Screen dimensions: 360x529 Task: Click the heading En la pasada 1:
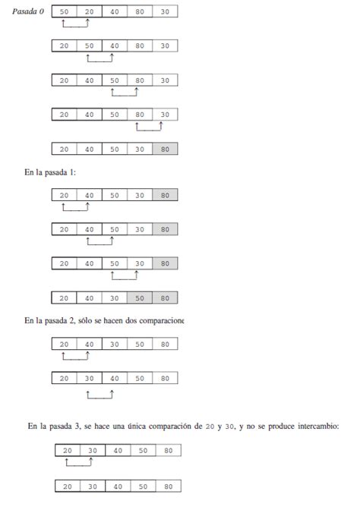[50, 172]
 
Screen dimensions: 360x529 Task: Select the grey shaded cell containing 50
[140, 298]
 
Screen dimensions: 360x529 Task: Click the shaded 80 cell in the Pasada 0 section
[165, 149]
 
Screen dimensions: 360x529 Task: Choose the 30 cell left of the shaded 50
[115, 298]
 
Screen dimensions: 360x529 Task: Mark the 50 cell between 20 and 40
[90, 46]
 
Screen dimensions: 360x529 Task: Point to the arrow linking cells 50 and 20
[76, 26]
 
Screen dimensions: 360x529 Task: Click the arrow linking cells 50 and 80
[125, 93]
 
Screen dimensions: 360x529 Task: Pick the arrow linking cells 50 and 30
[125, 276]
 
